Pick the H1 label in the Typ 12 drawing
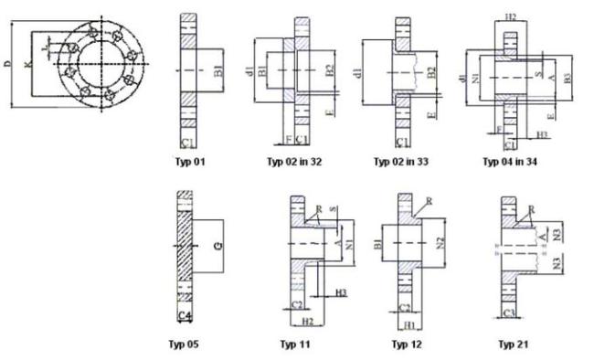click(410, 325)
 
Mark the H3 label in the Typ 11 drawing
click(339, 291)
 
